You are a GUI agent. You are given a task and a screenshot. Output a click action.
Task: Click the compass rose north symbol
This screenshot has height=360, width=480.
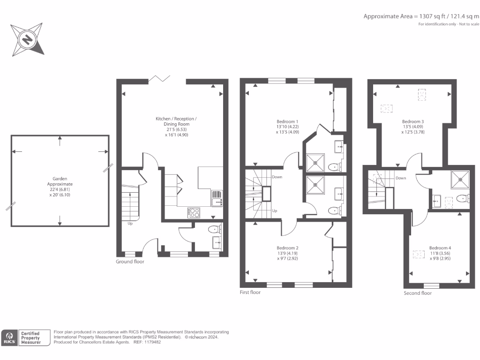27,39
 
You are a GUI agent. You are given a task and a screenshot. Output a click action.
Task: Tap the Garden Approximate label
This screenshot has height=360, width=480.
60,181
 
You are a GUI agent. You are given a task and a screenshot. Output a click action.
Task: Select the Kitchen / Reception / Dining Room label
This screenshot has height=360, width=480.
176,121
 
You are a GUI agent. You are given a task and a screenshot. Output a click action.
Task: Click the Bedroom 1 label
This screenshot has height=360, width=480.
287,121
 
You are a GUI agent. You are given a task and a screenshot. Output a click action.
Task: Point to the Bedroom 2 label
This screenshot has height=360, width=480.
287,248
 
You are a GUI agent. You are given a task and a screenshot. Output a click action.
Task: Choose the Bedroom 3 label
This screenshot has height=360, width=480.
413,121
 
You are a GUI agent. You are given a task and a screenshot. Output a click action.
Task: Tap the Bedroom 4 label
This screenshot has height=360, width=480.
440,248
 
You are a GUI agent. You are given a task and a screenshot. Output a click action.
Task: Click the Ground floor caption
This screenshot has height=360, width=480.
130,262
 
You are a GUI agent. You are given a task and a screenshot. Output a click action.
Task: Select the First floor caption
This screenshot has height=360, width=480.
250,292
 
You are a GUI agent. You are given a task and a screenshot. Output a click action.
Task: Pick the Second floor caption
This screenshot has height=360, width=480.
418,293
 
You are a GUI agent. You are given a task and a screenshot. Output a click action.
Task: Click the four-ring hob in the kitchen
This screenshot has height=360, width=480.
194,213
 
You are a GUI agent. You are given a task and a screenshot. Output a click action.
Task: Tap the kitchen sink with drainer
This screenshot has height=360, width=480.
217,198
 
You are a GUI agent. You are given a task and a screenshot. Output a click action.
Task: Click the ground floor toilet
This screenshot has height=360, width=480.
215,229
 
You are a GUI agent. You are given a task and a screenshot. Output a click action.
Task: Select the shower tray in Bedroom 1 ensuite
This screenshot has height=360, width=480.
315,163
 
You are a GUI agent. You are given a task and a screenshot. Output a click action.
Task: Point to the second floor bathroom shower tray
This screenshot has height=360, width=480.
460,180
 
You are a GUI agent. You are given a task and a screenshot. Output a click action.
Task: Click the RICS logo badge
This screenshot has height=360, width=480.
9,337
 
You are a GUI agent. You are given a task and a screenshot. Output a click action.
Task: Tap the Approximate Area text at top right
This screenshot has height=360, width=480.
421,16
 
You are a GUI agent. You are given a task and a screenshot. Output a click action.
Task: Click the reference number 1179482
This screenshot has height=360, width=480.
152,342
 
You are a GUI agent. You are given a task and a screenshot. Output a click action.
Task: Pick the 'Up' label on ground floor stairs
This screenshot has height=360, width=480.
130,224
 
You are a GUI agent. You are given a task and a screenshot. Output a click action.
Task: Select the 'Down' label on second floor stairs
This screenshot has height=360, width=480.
401,178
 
